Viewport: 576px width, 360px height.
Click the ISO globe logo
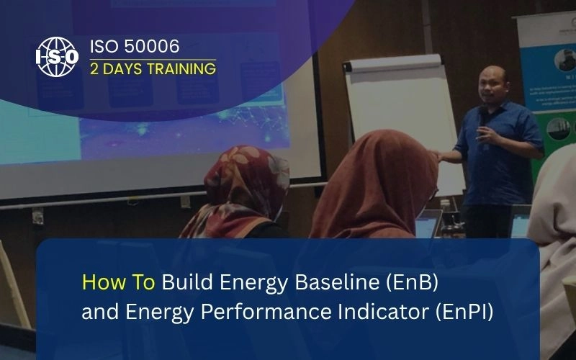[57, 57]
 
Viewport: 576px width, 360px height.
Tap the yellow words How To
[118, 282]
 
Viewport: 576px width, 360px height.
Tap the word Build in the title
[183, 282]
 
